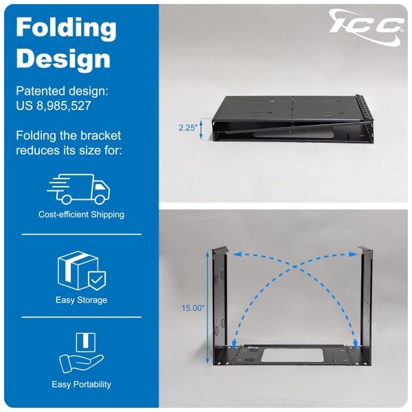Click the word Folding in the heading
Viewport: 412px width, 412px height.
click(66, 29)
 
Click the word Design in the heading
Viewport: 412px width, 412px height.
click(63, 60)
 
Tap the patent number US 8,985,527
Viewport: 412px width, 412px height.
click(54, 106)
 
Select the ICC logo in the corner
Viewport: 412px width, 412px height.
click(367, 26)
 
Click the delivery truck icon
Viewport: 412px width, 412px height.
click(78, 189)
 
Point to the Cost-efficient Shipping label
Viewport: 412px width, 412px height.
click(81, 214)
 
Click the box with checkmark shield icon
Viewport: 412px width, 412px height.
click(82, 271)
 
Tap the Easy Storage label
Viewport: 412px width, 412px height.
click(82, 300)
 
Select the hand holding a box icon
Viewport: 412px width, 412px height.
click(82, 353)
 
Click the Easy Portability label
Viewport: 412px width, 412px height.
click(82, 385)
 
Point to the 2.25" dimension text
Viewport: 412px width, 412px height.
click(187, 128)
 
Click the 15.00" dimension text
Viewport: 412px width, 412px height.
click(192, 308)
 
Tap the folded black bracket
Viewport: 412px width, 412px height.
click(293, 119)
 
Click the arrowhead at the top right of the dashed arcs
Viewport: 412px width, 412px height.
click(354, 254)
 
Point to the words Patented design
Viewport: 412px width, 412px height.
click(62, 91)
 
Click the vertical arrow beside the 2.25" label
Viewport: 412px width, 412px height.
click(201, 129)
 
